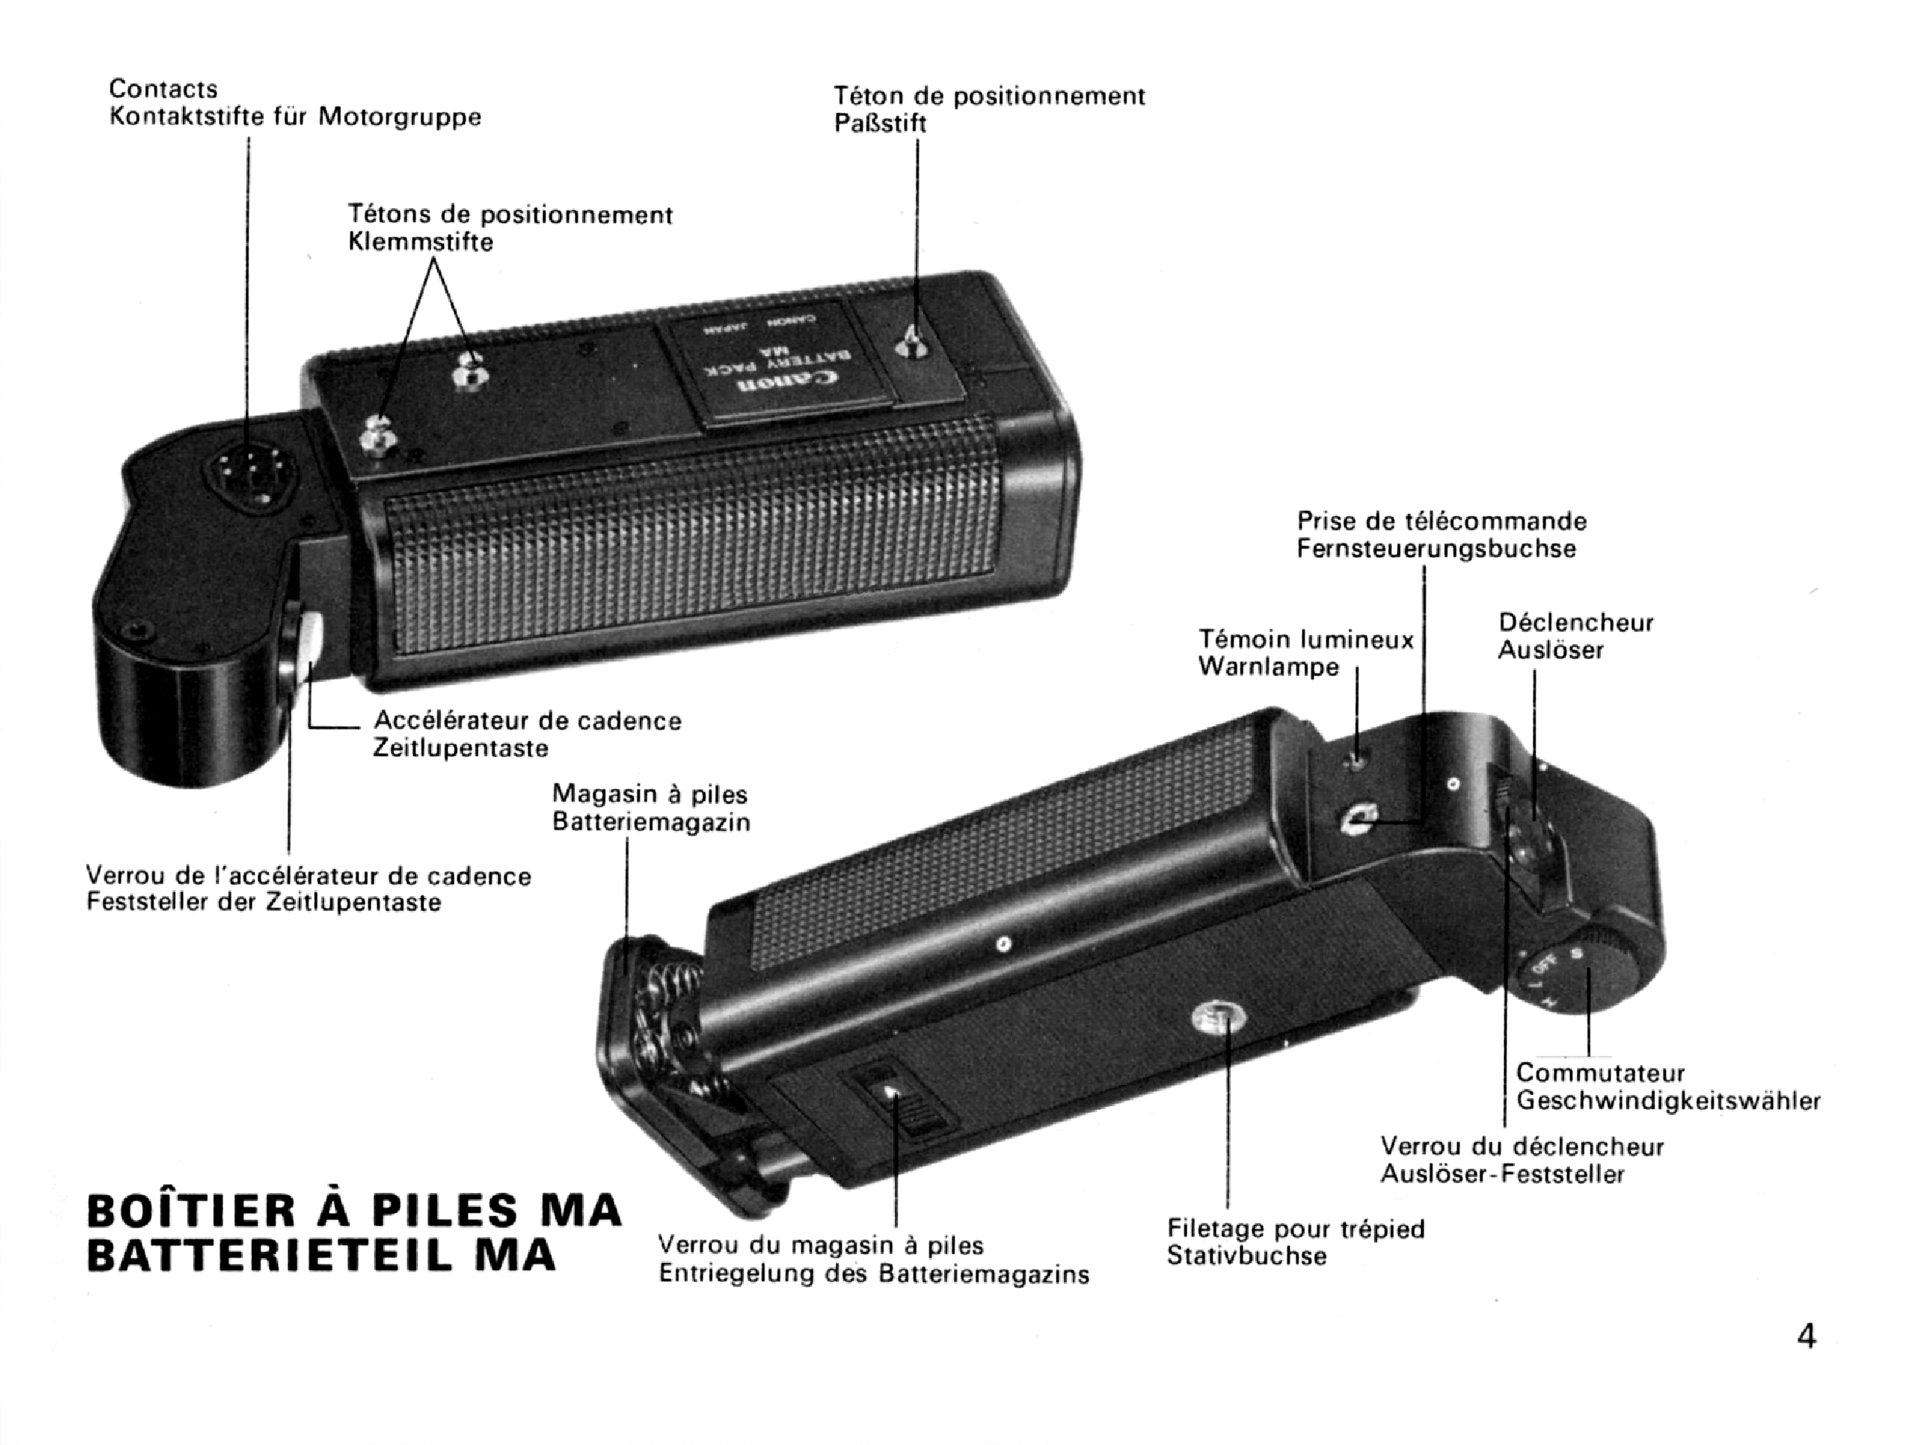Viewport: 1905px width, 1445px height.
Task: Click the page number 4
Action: [1806, 1336]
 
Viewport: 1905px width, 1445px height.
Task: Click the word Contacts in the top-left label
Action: [164, 88]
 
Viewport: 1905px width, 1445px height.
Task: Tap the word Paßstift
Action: [880, 123]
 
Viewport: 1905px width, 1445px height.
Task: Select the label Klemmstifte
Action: [421, 242]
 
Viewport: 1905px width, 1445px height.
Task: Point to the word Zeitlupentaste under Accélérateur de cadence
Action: [461, 747]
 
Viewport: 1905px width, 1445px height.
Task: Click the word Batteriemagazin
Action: [651, 823]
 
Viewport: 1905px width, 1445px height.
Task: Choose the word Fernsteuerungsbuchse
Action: [1436, 549]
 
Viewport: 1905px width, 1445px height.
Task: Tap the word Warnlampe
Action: [1268, 667]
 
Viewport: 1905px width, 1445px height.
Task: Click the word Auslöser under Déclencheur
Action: [1550, 649]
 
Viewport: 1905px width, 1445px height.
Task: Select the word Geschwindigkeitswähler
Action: [1668, 1101]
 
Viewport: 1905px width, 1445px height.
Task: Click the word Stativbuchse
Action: [1247, 1255]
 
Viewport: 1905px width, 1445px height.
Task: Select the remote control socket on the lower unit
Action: [1358, 820]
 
